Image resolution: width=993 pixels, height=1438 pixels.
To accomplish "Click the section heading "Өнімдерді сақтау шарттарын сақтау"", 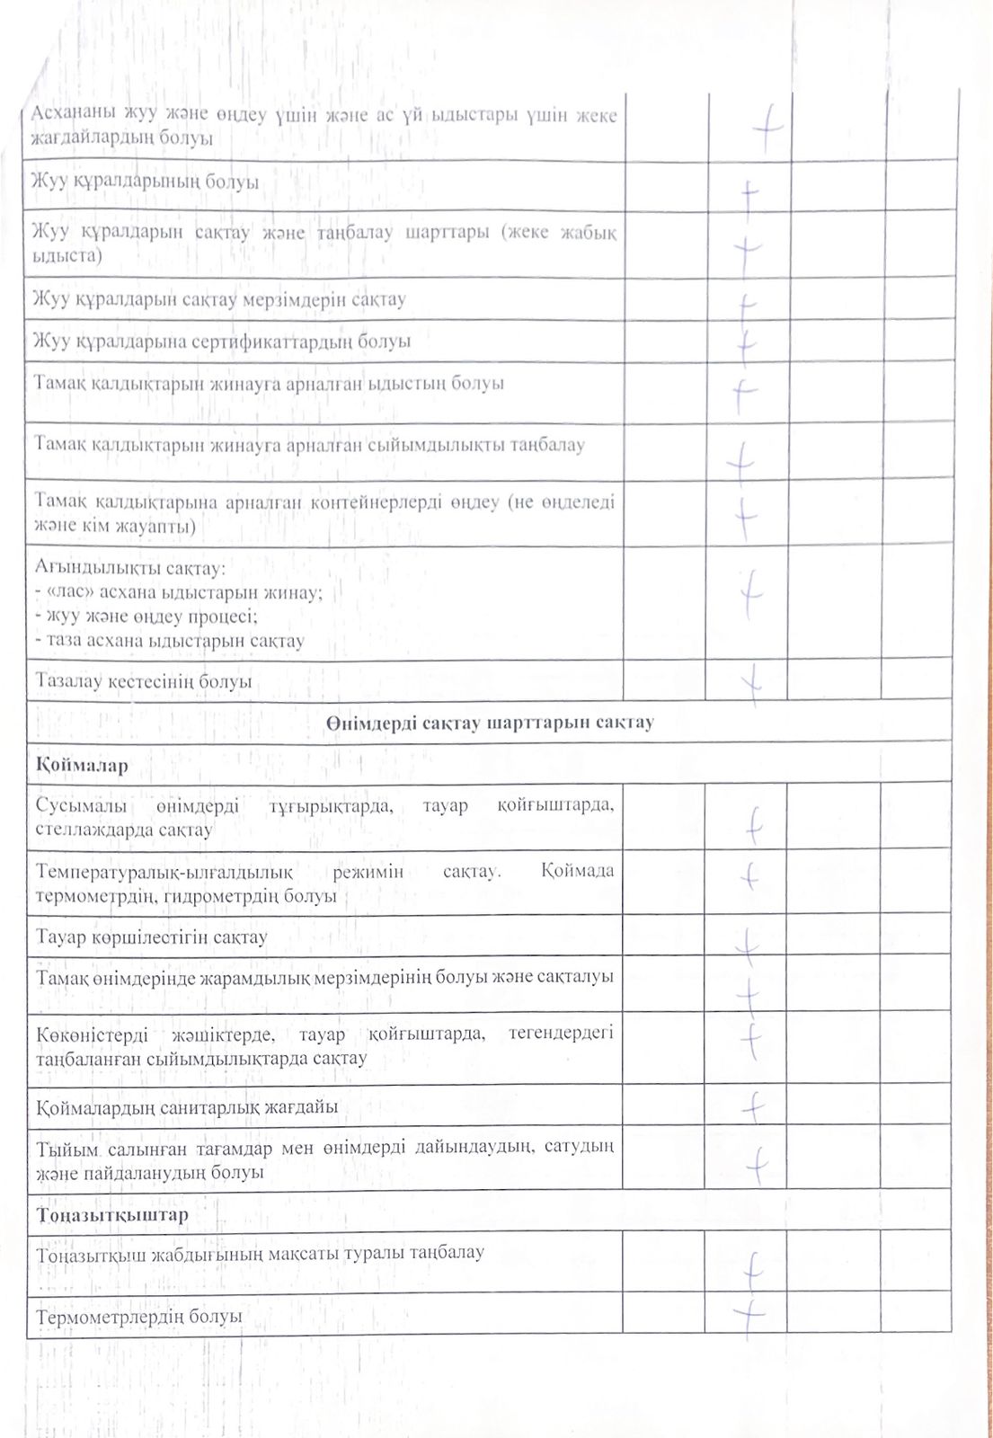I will (x=490, y=723).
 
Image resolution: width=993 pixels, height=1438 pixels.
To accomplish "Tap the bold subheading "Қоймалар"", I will (x=82, y=766).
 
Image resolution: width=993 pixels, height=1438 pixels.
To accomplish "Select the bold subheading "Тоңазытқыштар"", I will (x=112, y=1215).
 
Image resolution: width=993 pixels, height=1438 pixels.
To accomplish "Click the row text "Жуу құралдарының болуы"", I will (x=146, y=182).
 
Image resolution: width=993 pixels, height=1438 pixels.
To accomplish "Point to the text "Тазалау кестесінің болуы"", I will (x=144, y=681).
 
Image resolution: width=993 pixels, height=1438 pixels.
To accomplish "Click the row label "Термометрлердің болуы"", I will (x=139, y=1316).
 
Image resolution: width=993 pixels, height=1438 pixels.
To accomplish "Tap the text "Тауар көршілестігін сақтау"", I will (x=152, y=937).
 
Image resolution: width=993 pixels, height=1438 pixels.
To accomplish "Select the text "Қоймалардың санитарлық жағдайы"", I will (x=187, y=1107).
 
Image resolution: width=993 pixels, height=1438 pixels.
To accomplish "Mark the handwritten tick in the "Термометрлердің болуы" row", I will (x=749, y=1314).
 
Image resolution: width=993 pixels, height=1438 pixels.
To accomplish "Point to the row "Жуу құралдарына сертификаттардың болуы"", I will (x=222, y=342).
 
